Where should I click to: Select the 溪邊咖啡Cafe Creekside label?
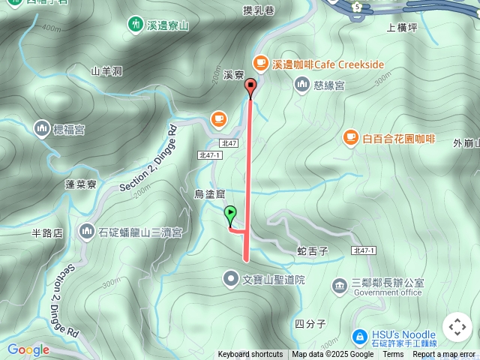coord(328,65)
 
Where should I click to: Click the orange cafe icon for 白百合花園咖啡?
coord(350,137)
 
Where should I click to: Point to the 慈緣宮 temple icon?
coord(301,85)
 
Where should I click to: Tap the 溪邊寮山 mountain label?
coord(160,25)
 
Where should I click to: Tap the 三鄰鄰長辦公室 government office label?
coord(388,283)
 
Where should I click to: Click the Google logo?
coord(28,349)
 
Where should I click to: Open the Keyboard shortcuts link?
coord(250,355)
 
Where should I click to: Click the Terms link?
coord(393,355)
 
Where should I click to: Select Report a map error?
coord(445,355)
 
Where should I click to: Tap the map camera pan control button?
coord(457,327)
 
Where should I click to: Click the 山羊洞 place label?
coord(106,71)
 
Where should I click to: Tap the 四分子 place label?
coord(309,324)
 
